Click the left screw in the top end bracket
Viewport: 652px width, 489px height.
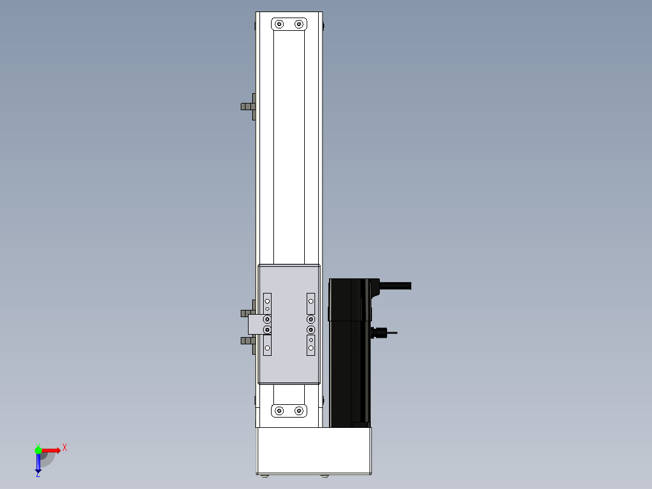click(x=279, y=24)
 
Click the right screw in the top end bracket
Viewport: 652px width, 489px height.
click(x=299, y=24)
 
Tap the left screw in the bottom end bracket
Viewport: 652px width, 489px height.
click(x=279, y=411)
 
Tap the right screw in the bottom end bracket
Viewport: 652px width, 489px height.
click(x=299, y=411)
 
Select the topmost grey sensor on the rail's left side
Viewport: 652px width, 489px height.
click(x=248, y=107)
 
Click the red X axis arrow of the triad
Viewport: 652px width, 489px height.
click(x=51, y=450)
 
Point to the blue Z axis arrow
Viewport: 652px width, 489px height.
click(x=38, y=462)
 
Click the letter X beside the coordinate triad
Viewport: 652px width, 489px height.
click(x=65, y=448)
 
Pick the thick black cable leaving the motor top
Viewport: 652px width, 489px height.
click(x=395, y=286)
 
